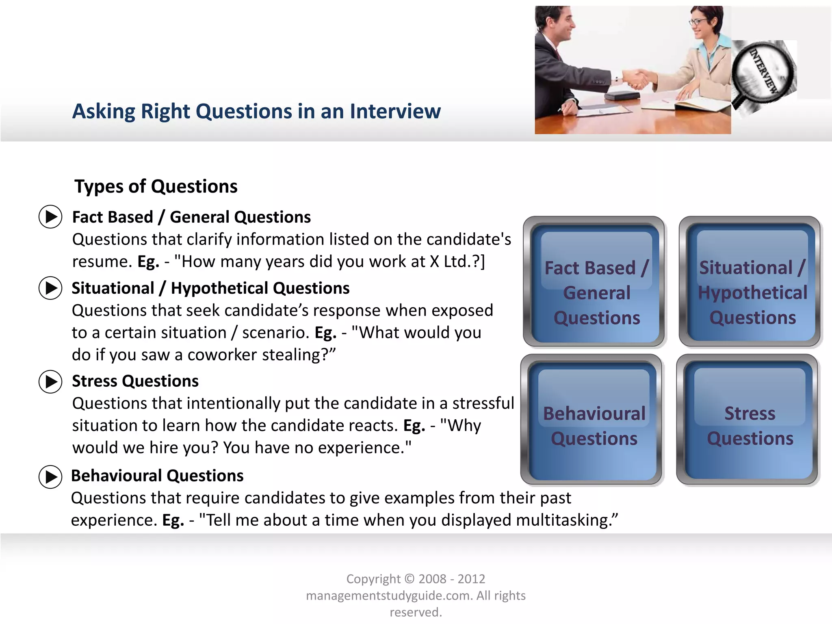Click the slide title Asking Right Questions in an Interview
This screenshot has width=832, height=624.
[256, 111]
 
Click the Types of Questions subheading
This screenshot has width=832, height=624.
[156, 186]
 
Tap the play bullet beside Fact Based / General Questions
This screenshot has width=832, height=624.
[50, 217]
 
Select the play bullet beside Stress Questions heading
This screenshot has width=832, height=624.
[50, 381]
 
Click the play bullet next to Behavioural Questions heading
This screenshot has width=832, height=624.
[50, 477]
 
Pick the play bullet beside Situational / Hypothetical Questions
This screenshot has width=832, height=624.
[50, 288]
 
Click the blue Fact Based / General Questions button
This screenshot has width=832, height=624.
[594, 281]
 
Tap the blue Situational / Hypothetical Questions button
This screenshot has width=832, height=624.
[750, 281]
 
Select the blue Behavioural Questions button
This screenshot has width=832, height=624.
[591, 419]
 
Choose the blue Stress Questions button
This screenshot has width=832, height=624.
[747, 419]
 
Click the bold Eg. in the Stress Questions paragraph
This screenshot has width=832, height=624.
[414, 426]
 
